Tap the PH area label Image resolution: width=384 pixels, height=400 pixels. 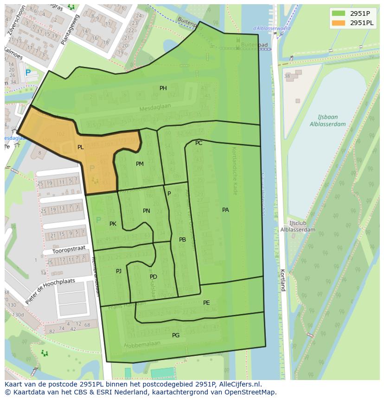pos(163,88)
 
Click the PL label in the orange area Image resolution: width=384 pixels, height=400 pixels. pos(81,147)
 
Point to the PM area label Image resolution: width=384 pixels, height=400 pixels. pos(140,164)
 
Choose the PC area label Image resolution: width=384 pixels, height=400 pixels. pos(199,143)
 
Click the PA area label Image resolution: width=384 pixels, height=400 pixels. pos(225,210)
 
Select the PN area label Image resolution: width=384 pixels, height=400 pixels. pos(147,211)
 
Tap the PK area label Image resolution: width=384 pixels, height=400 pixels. pos(113,224)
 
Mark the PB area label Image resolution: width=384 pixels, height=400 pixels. pos(182,240)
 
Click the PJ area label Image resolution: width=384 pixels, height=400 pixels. pos(119,271)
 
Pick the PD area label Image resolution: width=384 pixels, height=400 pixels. pos(154,277)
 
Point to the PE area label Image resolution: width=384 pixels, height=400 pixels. pos(206,303)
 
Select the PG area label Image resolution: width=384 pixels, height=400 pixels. pos(176,335)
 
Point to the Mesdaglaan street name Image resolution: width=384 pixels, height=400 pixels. pos(155,107)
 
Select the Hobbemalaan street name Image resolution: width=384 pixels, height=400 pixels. pos(142,345)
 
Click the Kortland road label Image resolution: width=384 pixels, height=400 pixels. pos(282,280)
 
